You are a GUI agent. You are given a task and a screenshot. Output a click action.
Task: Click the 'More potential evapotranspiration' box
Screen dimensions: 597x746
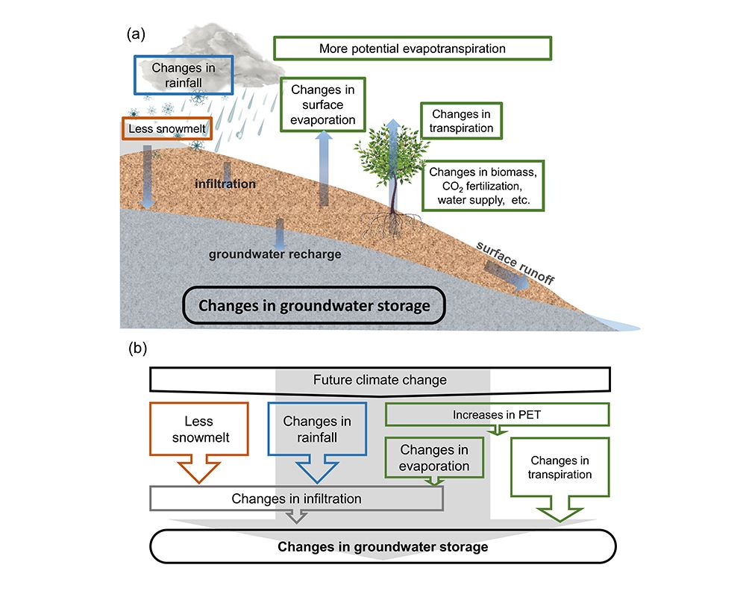pyautogui.click(x=413, y=49)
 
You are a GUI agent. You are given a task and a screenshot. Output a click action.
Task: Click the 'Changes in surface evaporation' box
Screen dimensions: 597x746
pyautogui.click(x=324, y=104)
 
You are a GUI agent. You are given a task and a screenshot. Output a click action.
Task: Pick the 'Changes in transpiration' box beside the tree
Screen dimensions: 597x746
pyautogui.click(x=462, y=121)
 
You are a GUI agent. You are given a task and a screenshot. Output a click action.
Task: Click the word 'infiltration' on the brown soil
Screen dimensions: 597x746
pyautogui.click(x=225, y=184)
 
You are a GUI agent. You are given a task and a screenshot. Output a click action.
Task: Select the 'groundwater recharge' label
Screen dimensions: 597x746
pyautogui.click(x=275, y=254)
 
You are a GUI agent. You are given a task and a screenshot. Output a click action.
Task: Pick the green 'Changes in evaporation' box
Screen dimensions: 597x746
pyautogui.click(x=434, y=458)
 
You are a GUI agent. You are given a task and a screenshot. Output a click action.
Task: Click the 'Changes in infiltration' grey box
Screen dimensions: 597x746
pyautogui.click(x=297, y=498)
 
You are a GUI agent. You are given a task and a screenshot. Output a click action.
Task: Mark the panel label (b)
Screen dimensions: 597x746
pyautogui.click(x=137, y=347)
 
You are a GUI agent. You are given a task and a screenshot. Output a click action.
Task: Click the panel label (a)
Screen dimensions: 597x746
pyautogui.click(x=136, y=33)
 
